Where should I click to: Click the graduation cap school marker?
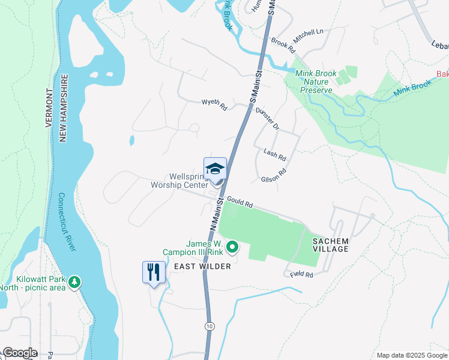point(215,168)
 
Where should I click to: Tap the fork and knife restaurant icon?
point(154,272)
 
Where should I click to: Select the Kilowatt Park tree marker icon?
point(74,282)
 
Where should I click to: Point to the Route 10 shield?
point(208,326)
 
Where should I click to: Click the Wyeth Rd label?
point(214,106)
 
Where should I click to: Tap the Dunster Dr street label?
point(268,118)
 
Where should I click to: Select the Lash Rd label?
point(275,154)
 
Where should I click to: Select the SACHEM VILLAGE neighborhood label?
point(330,244)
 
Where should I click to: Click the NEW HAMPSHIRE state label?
point(62,109)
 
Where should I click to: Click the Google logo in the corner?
point(19,353)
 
